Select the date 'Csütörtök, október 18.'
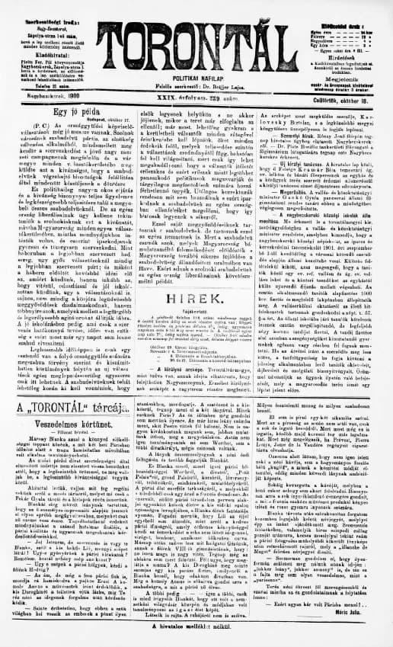pos(353,98)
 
